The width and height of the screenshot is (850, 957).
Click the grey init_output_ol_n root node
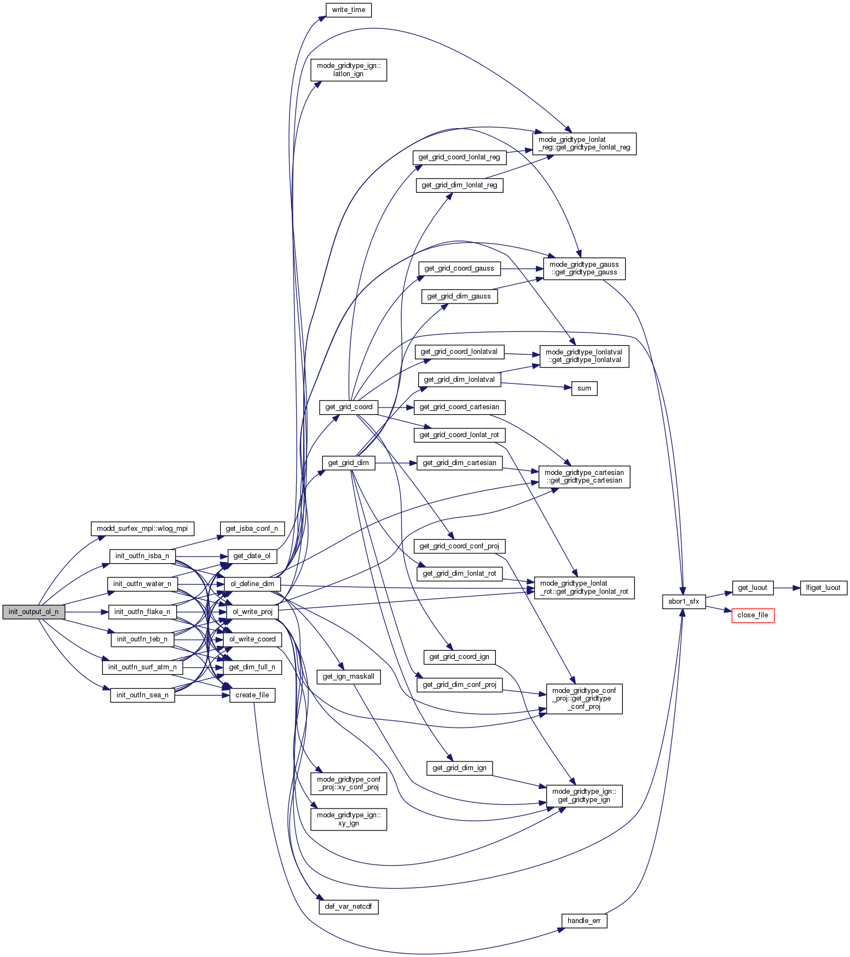point(33,612)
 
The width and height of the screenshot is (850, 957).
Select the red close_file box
point(753,615)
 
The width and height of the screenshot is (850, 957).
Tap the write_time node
point(348,10)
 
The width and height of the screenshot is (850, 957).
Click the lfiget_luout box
point(823,588)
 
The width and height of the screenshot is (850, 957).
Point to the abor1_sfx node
point(684,601)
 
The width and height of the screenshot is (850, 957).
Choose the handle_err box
point(584,921)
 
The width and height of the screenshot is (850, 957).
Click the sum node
point(584,388)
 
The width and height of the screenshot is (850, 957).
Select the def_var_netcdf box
point(348,907)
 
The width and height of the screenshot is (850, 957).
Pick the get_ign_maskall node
point(348,677)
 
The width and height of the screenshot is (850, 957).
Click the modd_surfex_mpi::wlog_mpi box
point(142,529)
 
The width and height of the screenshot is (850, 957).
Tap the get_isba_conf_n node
point(252,529)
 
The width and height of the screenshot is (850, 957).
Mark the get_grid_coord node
point(349,407)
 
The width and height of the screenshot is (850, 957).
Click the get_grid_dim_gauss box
point(459,296)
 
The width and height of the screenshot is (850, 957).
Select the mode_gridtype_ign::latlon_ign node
point(349,70)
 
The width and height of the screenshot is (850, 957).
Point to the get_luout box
point(753,588)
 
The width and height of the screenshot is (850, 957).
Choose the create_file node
point(252,695)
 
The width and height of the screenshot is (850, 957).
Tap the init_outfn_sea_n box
point(142,695)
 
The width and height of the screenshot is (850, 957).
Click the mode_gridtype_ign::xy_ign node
point(349,819)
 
